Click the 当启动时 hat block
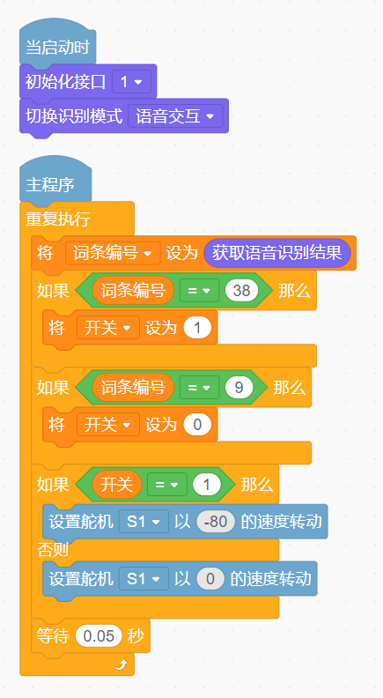pos(57,47)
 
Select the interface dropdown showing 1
pos(131,82)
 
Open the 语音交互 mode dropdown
pos(175,116)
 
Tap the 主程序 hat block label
pos(50,184)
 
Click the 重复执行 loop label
pos(58,219)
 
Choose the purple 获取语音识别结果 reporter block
pos(277,253)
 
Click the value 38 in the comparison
pos(241,290)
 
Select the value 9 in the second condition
pos(239,387)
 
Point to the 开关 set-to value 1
pos(197,328)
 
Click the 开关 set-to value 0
pos(197,425)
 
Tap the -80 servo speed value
pos(216,521)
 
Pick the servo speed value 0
pos(210,579)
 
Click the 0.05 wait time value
pos(99,635)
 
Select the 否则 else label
pos(53,550)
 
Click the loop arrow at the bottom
pos(121,665)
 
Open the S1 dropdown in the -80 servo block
pos(144,521)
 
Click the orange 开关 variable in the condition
pos(116,484)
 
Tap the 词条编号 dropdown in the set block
pos(113,253)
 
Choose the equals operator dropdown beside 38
pos(199,290)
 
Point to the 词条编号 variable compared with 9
pos(133,387)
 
